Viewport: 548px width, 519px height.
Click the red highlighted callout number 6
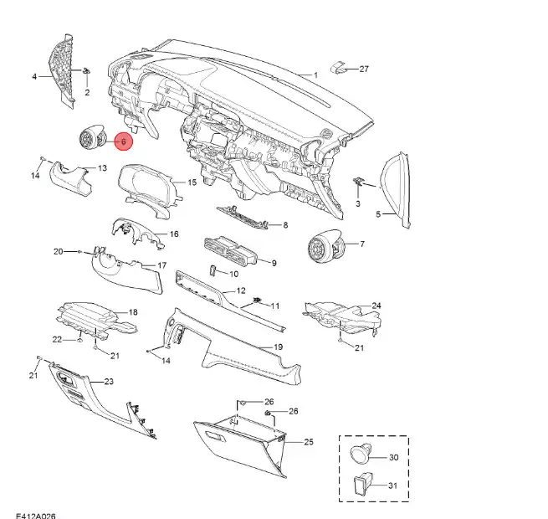[123, 142]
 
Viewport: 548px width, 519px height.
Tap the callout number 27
[364, 69]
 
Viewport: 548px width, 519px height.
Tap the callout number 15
[191, 182]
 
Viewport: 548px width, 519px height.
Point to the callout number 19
[278, 346]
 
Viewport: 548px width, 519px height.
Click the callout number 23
[108, 382]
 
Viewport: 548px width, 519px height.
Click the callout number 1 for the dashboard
[316, 75]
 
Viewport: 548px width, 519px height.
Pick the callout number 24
[376, 306]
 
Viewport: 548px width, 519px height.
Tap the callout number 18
[132, 313]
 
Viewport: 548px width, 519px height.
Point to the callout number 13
[103, 168]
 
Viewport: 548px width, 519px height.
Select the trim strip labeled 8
[243, 217]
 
